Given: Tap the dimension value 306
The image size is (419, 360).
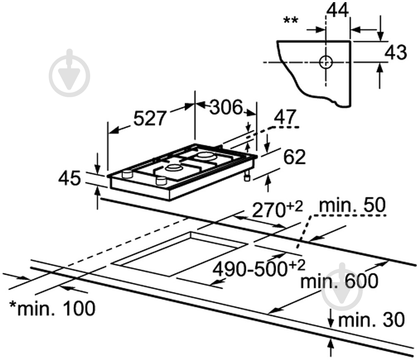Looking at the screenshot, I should [x=226, y=108].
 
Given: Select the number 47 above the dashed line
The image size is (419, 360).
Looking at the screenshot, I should [x=285, y=117].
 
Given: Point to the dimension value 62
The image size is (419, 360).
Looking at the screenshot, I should [x=294, y=157].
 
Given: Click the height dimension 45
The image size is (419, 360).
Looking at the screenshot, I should [x=69, y=179].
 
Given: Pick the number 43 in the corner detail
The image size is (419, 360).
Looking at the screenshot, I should [x=396, y=52].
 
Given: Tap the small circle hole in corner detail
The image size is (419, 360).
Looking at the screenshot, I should [x=326, y=62].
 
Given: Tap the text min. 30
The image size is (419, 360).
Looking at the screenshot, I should [x=371, y=321].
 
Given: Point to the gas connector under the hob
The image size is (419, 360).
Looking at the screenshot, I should [x=247, y=177].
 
